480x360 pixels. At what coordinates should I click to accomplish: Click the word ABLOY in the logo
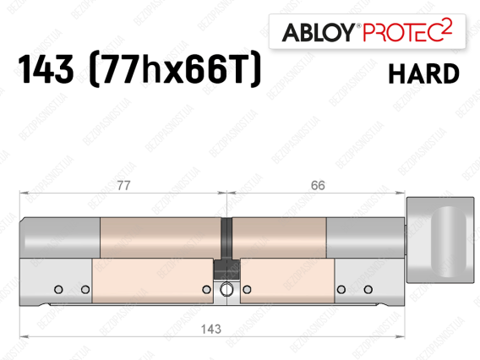[318, 32]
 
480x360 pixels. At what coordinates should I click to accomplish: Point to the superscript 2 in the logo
[447, 27]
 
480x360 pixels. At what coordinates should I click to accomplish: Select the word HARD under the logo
[423, 74]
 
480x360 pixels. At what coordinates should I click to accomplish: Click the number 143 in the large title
[46, 68]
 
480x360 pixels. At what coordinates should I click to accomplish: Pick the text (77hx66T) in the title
[174, 68]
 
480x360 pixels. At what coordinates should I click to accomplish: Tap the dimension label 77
[123, 186]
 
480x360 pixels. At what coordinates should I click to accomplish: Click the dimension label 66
[318, 186]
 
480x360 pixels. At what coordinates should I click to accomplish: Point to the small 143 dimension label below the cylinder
[211, 329]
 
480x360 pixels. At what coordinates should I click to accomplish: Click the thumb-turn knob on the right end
[440, 240]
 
